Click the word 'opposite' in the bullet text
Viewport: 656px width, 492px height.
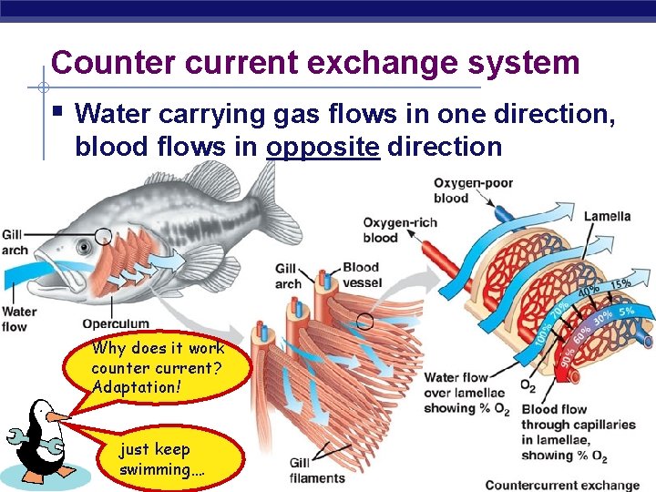tap(323, 147)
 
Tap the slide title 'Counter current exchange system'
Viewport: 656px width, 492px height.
tap(315, 63)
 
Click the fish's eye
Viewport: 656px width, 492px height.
tap(84, 246)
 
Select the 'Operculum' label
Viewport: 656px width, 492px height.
tap(116, 323)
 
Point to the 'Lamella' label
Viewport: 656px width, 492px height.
tap(607, 217)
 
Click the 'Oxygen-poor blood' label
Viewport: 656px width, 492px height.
tap(473, 190)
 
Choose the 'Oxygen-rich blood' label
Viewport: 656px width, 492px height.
tap(400, 230)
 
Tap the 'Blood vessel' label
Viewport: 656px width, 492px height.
tap(361, 275)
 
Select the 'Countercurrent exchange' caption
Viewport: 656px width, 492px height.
tap(562, 484)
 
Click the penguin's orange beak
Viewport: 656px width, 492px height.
tap(57, 416)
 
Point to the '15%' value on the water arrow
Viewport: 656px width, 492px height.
tap(621, 284)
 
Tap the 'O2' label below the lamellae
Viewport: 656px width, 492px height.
tap(528, 386)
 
